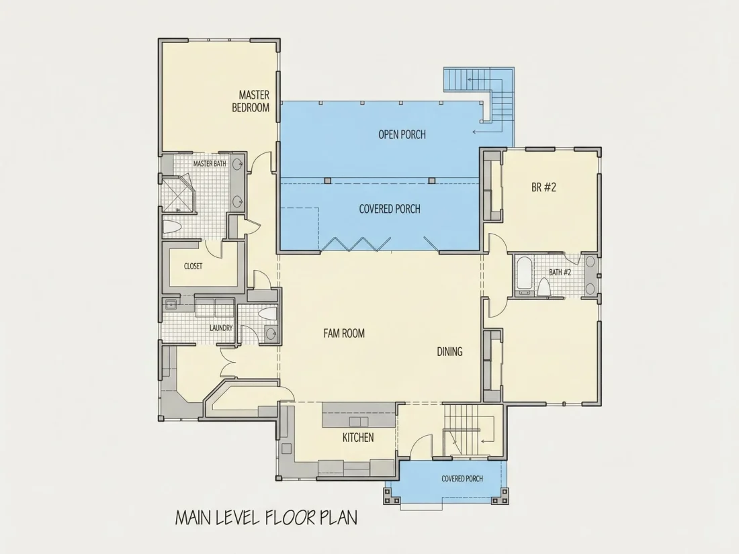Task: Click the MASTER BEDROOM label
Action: [251, 101]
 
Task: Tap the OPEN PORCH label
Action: [402, 135]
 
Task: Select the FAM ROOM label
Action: [344, 334]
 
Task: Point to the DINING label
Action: [449, 351]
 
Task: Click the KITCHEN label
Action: [358, 438]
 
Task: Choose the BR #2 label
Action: [544, 187]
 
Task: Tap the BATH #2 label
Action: [560, 272]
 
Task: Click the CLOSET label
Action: [193, 266]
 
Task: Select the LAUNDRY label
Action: [221, 328]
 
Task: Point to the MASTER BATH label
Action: [210, 163]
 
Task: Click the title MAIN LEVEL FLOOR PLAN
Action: [266, 517]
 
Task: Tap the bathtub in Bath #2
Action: [523, 275]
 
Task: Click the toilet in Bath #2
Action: [544, 287]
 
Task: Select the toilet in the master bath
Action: [173, 227]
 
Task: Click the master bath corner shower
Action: [177, 193]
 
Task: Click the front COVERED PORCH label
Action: [462, 479]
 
